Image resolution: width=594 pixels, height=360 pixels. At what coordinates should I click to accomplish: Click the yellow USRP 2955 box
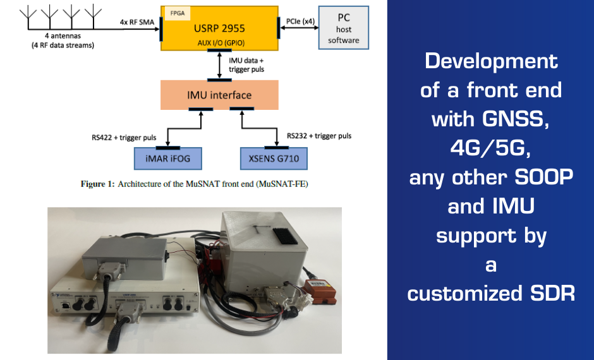(219, 28)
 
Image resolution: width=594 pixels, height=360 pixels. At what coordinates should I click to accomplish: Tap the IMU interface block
(219, 95)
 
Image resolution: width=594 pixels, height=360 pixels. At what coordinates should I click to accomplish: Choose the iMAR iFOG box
(167, 158)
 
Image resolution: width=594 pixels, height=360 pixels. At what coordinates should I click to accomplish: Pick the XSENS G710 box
(274, 158)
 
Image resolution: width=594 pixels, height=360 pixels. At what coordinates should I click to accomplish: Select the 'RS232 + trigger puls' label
(319, 136)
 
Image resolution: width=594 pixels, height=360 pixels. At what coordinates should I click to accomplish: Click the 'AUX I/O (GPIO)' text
(219, 42)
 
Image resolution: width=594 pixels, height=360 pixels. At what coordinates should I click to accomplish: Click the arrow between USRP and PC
(300, 27)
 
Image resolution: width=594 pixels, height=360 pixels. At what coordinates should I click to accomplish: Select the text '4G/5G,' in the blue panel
(490, 147)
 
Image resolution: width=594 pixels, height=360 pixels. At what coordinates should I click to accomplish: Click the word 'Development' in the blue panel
(491, 61)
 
